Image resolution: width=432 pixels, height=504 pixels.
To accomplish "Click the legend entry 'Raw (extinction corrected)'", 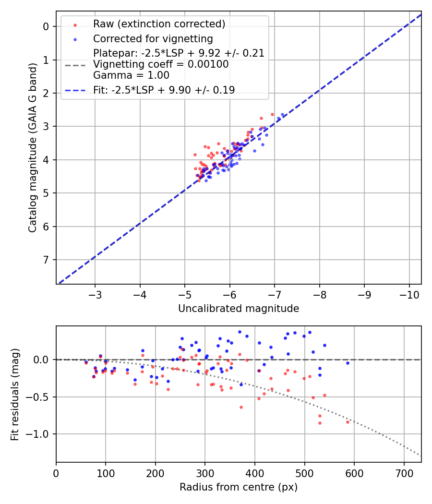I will (x=159, y=24).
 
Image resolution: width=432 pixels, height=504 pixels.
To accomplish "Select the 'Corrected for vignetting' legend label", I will (x=153, y=38).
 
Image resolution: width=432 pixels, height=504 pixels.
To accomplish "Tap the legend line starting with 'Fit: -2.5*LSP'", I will (x=164, y=90).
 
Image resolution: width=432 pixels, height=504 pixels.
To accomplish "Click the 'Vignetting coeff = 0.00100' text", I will (x=161, y=64).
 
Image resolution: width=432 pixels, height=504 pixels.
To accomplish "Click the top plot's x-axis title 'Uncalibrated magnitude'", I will (x=239, y=309).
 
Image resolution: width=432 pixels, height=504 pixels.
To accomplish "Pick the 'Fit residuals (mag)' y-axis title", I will (x=15, y=394).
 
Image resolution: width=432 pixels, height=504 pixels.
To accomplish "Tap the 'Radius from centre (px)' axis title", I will (x=239, y=487).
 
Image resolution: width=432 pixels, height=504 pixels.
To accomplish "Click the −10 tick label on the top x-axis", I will (x=409, y=293).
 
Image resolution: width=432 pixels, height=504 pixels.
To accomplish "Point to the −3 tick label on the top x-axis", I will (x=95, y=293).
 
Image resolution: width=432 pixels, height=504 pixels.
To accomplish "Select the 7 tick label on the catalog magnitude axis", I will (x=47, y=260).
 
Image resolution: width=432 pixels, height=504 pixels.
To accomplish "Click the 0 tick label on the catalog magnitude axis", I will (x=47, y=26).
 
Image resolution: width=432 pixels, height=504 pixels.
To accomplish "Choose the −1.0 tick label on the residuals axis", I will (x=40, y=434).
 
